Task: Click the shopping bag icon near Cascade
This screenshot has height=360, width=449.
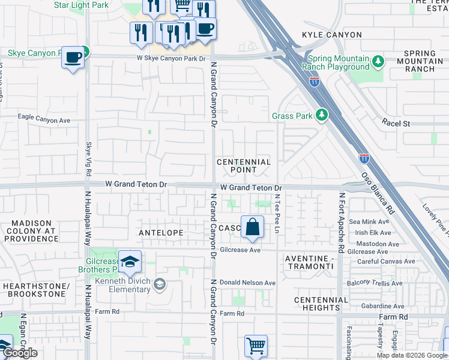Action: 253,227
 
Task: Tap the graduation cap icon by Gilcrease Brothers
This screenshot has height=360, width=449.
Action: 129,262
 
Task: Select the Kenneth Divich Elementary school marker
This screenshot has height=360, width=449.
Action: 160,283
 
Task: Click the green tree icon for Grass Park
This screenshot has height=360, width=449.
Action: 322,115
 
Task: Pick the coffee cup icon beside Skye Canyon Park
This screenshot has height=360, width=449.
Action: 73,57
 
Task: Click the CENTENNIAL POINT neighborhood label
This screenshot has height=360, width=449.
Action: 244,166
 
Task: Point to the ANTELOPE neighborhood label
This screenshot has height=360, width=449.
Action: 160,232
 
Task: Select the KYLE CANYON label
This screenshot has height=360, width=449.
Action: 332,35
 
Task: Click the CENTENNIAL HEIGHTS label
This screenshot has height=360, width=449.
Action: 321,304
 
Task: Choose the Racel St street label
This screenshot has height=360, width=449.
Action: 396,124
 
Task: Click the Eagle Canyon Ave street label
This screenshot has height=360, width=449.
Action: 44,119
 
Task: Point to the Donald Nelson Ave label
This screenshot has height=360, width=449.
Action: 247,283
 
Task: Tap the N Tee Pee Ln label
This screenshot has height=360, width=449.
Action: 277,209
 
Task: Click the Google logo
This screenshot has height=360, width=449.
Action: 20,352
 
